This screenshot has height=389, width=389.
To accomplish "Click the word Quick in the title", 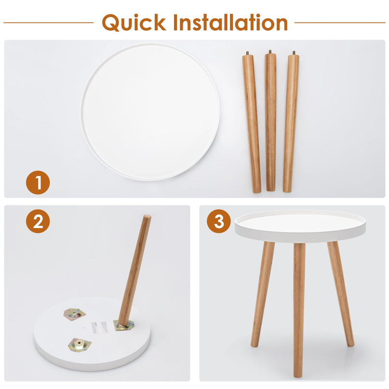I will [x=134, y=23].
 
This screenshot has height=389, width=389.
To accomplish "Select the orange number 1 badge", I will [x=38, y=183].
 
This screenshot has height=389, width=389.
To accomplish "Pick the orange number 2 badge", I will [x=38, y=221].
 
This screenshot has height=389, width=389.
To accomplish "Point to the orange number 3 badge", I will [x=219, y=222].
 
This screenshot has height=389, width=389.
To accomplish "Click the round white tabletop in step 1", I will [x=150, y=112].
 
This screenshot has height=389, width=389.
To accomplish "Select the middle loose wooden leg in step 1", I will [x=270, y=121].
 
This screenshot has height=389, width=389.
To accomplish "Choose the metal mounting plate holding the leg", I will [x=123, y=326].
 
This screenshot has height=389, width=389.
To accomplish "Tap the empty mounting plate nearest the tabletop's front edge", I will [x=79, y=344].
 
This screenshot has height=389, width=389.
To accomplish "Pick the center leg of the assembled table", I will [x=299, y=309].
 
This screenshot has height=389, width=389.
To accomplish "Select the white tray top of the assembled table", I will [x=299, y=225].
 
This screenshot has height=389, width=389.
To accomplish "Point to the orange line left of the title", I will [x=48, y=22].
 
